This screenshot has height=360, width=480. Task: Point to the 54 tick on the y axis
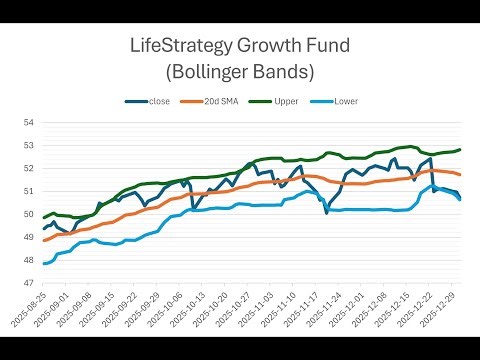tap(27, 123)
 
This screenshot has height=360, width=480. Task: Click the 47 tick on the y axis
tap(27, 283)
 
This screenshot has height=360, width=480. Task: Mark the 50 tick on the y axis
tap(27, 214)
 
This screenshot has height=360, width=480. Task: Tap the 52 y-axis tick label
tap(27, 169)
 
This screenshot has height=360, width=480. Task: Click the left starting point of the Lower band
tap(44, 264)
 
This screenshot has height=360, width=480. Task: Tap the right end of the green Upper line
tap(460, 150)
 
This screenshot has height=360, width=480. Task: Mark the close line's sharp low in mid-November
tap(326, 212)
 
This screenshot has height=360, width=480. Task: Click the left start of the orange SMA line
tap(44, 240)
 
